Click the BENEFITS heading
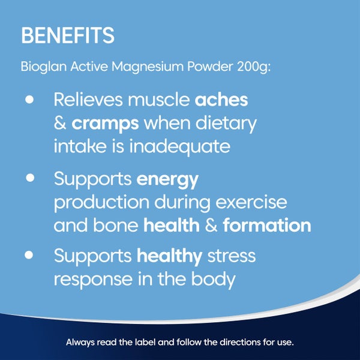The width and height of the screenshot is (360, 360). [x=67, y=35]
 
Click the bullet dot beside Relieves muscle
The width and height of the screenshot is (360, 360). [x=29, y=100]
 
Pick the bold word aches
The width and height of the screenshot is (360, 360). [x=221, y=100]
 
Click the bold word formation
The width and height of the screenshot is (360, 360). [x=266, y=226]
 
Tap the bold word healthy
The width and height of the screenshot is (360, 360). [x=169, y=257]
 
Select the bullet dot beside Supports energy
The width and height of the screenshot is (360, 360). [x=29, y=179]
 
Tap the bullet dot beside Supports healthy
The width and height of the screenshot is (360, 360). [x=29, y=255]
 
